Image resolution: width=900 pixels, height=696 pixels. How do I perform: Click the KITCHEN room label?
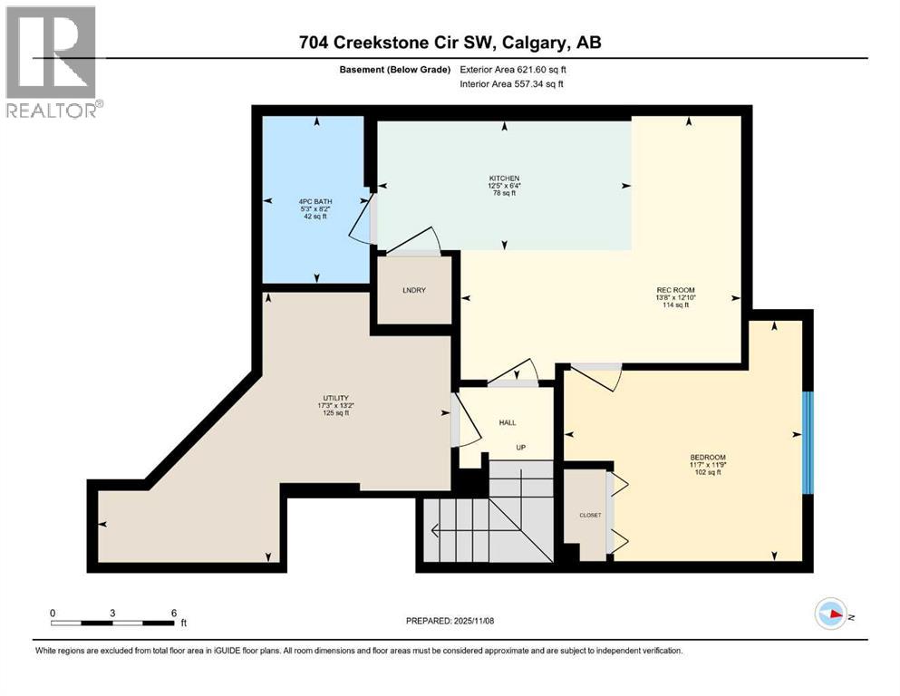click(x=503, y=178)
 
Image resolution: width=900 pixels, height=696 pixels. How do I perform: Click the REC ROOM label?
click(x=675, y=290)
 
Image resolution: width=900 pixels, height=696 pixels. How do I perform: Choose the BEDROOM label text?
click(x=707, y=457)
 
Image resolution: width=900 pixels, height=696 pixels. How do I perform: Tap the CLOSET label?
click(x=590, y=515)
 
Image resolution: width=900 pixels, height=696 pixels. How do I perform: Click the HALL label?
click(x=508, y=423)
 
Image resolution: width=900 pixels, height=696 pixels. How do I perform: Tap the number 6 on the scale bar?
click(x=173, y=613)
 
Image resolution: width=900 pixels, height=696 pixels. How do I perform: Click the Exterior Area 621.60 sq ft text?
click(x=517, y=70)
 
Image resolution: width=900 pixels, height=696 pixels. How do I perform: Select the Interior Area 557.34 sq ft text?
click(x=517, y=83)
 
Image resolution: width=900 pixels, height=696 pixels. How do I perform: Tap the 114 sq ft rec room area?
click(x=675, y=305)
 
